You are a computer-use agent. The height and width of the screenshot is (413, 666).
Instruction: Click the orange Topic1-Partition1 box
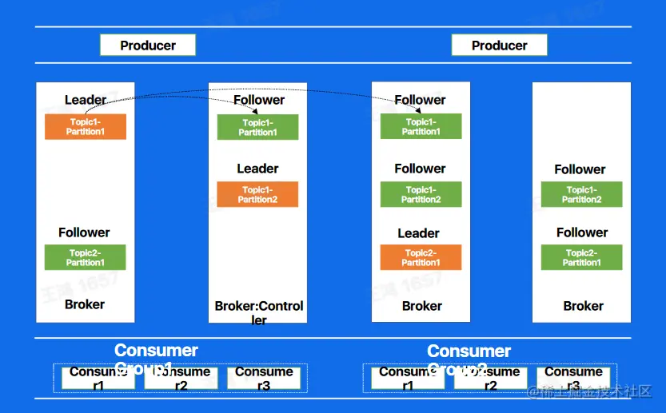(x=86, y=127)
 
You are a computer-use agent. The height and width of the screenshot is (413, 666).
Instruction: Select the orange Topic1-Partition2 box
(x=257, y=194)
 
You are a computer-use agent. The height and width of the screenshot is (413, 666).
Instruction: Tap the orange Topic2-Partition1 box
(x=421, y=257)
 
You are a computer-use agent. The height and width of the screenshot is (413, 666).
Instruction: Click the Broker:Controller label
(x=259, y=312)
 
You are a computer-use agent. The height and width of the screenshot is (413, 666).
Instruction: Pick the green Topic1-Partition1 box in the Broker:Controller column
(x=257, y=127)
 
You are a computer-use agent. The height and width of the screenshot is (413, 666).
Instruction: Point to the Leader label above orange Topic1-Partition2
(x=257, y=169)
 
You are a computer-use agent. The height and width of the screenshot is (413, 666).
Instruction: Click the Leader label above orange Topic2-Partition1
(x=418, y=233)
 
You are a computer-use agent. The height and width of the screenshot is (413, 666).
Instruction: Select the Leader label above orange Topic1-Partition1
(x=86, y=100)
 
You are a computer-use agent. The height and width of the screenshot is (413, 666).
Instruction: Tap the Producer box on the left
(x=148, y=46)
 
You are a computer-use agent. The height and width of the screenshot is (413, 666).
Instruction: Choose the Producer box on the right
(x=499, y=46)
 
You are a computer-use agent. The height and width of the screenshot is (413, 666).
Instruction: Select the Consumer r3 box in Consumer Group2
(x=573, y=378)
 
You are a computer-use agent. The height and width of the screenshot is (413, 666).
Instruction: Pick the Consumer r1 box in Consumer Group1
(x=98, y=378)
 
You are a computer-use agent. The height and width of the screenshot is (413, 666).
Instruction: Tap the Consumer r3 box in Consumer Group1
(x=264, y=378)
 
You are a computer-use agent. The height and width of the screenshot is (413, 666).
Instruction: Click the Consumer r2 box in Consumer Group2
(x=491, y=378)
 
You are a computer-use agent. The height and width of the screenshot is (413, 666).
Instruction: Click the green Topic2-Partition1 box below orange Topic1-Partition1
(x=85, y=257)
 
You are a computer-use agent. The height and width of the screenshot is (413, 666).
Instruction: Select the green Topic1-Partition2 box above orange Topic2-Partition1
(x=421, y=194)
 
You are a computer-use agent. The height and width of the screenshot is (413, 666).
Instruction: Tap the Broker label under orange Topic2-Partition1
(x=422, y=305)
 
